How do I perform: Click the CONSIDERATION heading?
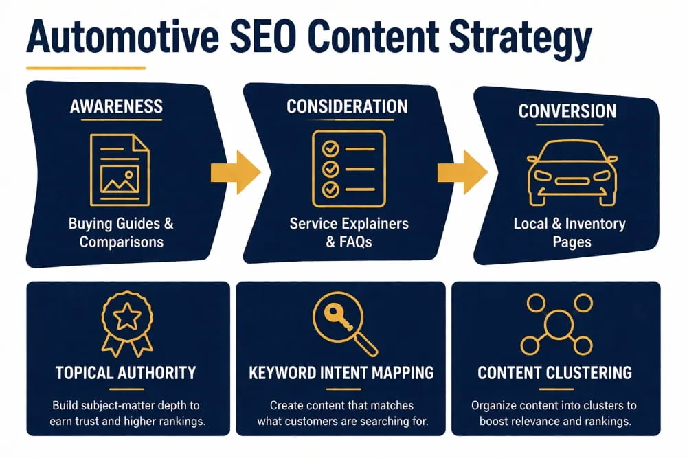click(x=347, y=106)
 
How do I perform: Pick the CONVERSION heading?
click(x=567, y=111)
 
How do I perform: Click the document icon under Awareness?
click(x=120, y=169)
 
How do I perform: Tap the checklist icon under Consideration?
click(x=348, y=168)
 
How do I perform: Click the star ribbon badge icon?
click(x=127, y=323)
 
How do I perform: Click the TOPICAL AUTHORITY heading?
click(x=126, y=373)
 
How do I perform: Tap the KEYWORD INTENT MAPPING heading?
click(x=341, y=373)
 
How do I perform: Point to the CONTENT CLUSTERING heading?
click(x=554, y=373)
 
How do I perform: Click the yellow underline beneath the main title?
click(x=86, y=68)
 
